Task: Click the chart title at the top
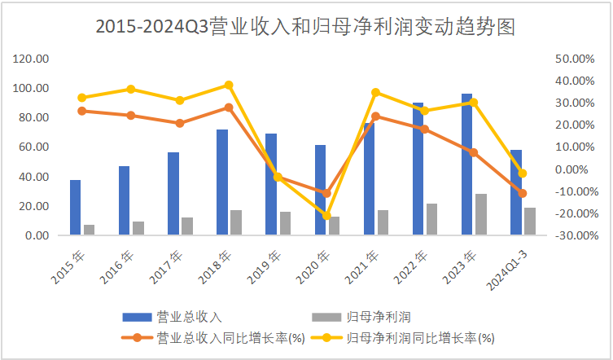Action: [305, 26]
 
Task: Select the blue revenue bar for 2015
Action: [75, 208]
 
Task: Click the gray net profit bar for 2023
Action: [481, 214]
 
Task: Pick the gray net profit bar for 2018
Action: [236, 222]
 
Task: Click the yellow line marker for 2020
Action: [326, 216]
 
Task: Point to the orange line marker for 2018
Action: [229, 108]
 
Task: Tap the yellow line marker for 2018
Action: [229, 85]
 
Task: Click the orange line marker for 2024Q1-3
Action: [523, 193]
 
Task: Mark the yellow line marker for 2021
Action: [375, 92]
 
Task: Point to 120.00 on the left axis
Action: [31, 59]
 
